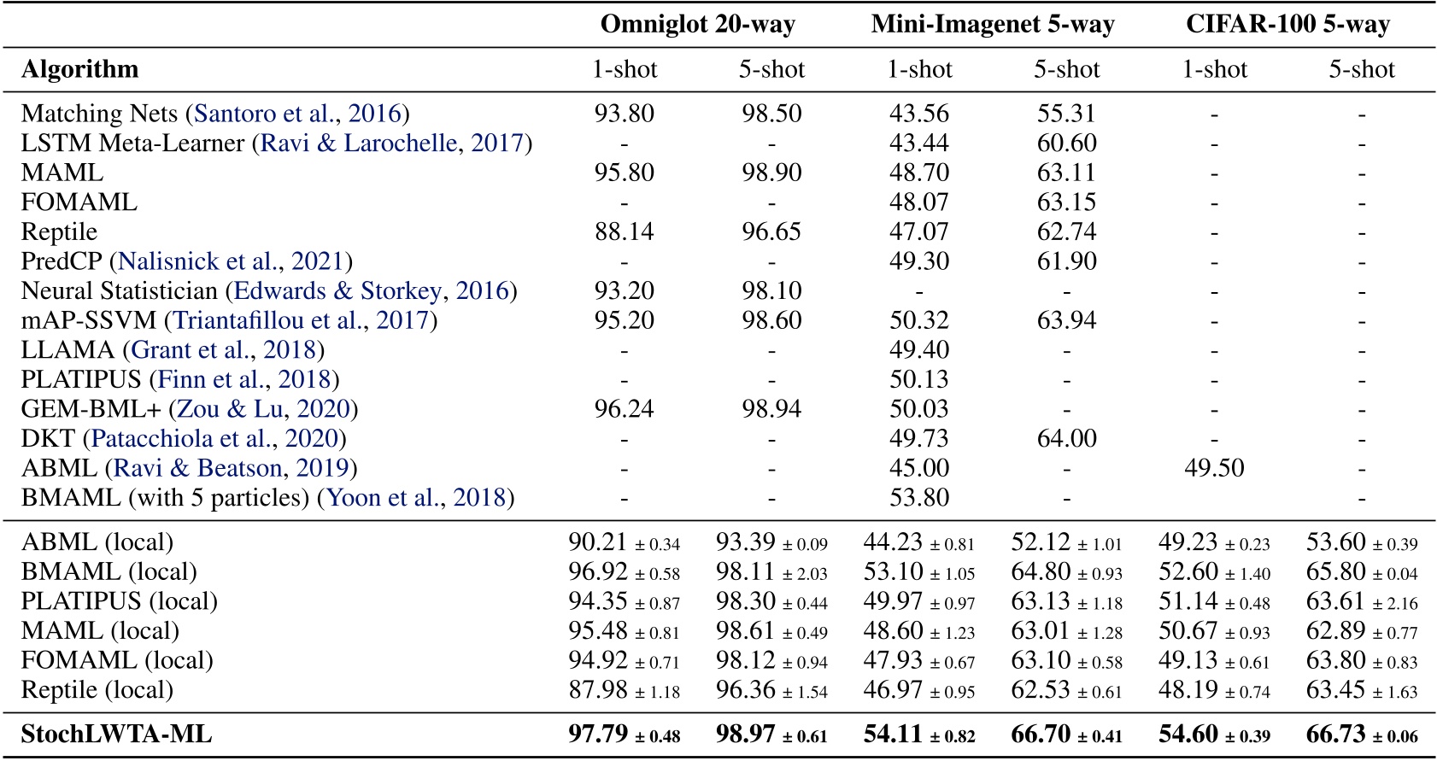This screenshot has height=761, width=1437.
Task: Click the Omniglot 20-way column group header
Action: (x=697, y=24)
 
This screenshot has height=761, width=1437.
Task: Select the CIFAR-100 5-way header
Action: (x=1287, y=24)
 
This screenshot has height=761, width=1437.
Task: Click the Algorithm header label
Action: (x=79, y=69)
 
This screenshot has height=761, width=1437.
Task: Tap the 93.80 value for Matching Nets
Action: (x=624, y=114)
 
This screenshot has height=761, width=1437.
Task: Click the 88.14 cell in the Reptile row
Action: (x=624, y=231)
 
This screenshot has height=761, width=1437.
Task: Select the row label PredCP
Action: (x=62, y=261)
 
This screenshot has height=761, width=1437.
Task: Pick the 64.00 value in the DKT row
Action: (x=1066, y=439)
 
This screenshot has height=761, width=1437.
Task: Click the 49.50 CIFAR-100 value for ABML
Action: (x=1213, y=468)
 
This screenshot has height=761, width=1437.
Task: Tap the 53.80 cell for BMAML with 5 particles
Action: (x=918, y=498)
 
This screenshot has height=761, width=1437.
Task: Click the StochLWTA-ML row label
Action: (x=116, y=735)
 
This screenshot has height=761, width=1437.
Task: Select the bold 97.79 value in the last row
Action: (x=598, y=735)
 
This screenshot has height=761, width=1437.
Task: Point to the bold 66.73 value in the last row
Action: (x=1336, y=735)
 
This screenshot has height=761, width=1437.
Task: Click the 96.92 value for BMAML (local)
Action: (x=598, y=572)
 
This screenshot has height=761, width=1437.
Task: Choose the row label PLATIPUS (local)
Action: (x=119, y=601)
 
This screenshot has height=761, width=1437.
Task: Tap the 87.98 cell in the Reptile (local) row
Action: (x=598, y=690)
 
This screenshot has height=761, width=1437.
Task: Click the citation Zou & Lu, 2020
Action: (x=263, y=409)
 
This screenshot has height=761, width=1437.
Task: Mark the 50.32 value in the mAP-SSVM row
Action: (x=918, y=320)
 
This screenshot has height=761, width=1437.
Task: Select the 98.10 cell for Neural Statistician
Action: (x=771, y=291)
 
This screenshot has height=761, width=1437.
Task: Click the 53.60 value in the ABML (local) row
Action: (x=1336, y=542)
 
